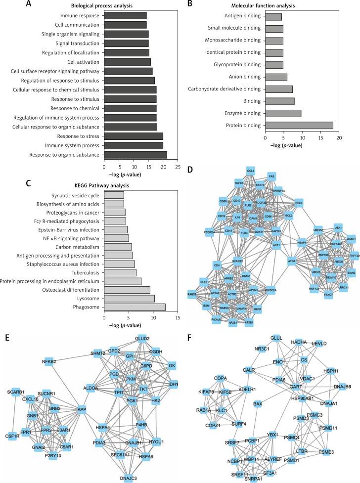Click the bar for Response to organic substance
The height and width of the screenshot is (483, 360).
point(135,155)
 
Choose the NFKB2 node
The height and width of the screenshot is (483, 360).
point(49,362)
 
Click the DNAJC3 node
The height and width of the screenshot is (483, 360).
point(127,478)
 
